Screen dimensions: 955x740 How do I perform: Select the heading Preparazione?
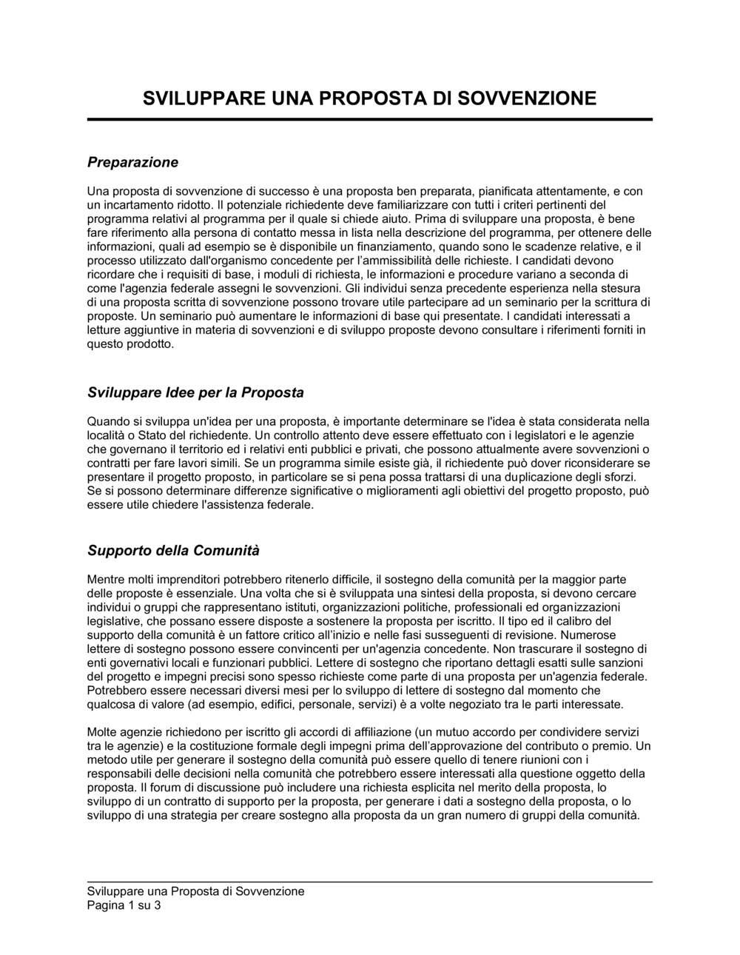[132, 161]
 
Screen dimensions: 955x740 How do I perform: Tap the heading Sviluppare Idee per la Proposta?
[195, 392]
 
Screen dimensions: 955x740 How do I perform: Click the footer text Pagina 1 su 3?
[124, 905]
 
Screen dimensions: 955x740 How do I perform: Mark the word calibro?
[575, 621]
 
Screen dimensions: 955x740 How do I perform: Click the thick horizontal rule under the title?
[370, 119]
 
